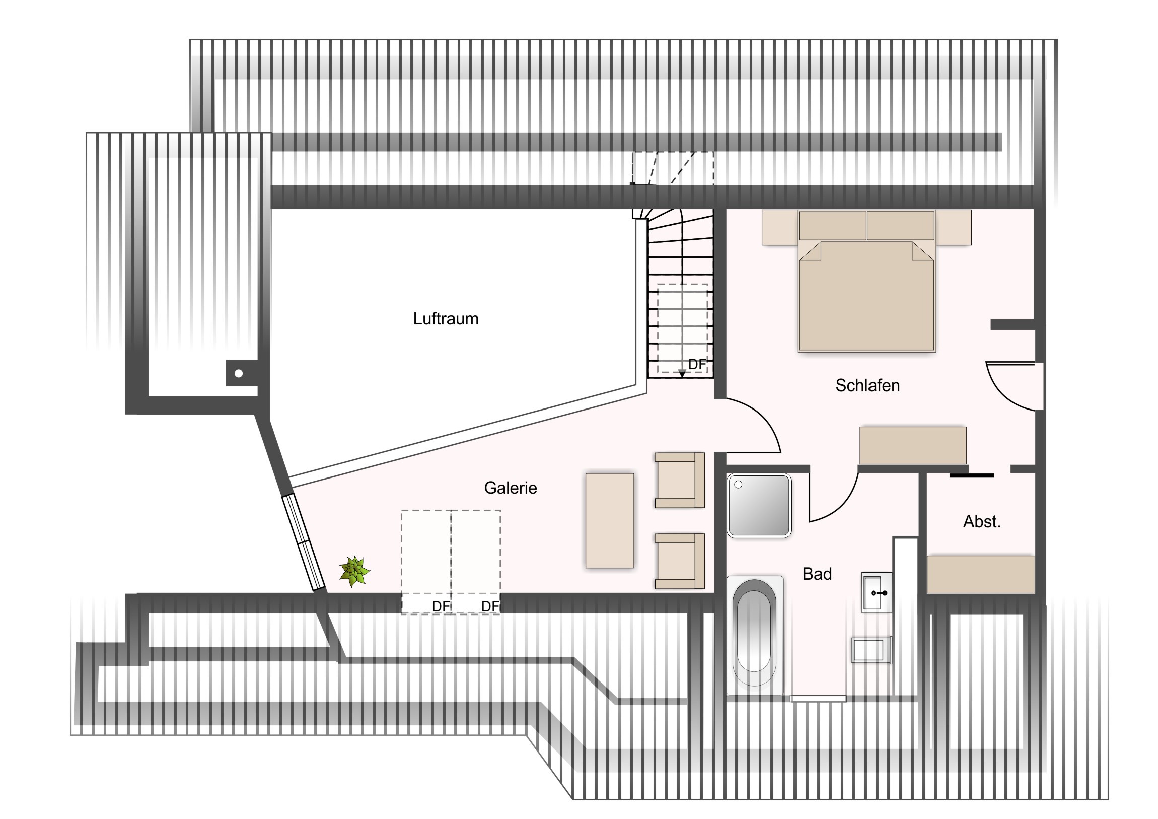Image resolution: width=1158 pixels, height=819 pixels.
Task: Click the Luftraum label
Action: (x=446, y=319)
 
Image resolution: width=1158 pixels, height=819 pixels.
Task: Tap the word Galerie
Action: (x=511, y=488)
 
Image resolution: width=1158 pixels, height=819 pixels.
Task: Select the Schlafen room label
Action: (x=867, y=385)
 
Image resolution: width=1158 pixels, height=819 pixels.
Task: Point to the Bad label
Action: (x=817, y=574)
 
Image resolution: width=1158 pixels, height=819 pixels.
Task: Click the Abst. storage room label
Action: (x=981, y=521)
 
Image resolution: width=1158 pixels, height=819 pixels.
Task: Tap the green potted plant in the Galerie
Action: (x=354, y=571)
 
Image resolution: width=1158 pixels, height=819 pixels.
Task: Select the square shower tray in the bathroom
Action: (x=759, y=506)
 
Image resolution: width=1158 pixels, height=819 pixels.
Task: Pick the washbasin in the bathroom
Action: (x=877, y=592)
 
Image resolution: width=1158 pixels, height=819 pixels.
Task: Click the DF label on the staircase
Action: (x=697, y=364)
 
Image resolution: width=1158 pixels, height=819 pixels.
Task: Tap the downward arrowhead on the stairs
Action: (x=682, y=374)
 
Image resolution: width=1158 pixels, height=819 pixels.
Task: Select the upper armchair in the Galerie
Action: (x=679, y=480)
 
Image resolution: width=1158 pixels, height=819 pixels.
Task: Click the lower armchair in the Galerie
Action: (x=679, y=561)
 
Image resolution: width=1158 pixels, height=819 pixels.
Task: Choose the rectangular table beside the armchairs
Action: (x=609, y=521)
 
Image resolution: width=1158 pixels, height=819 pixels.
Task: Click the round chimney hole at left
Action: (x=239, y=373)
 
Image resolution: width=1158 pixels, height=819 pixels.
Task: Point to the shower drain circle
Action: (x=739, y=485)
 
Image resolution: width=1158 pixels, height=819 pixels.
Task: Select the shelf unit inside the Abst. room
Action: (x=981, y=574)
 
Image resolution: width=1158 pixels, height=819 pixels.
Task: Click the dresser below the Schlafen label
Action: (x=913, y=445)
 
